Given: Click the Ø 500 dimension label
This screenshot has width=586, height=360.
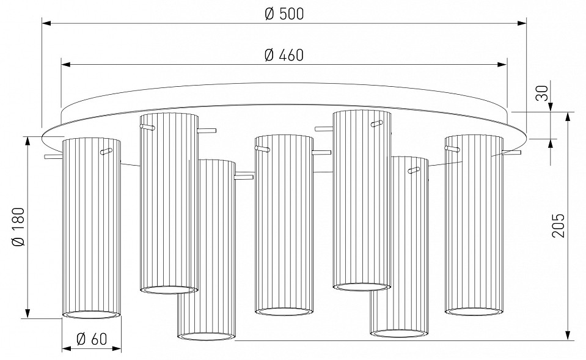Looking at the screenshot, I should pyautogui.click(x=285, y=14).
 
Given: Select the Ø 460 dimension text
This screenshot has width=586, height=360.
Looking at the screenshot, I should pyautogui.click(x=285, y=55).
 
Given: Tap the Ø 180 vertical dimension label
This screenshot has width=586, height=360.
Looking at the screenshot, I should pyautogui.click(x=19, y=227).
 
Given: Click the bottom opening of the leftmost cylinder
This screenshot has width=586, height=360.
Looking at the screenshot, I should pyautogui.click(x=91, y=315).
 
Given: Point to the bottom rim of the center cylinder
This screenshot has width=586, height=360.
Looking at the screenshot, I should pyautogui.click(x=284, y=312).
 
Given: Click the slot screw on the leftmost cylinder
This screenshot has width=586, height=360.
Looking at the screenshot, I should pyautogui.click(x=107, y=150).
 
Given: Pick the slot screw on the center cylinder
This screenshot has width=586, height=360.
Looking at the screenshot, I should pyautogui.click(x=263, y=148).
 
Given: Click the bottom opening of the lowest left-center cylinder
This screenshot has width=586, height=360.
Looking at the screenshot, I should pyautogui.click(x=207, y=336).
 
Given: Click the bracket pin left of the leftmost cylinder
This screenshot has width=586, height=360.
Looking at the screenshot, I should pyautogui.click(x=53, y=157).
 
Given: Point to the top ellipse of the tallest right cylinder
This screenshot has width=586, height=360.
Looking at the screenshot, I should pyautogui.click(x=362, y=113).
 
